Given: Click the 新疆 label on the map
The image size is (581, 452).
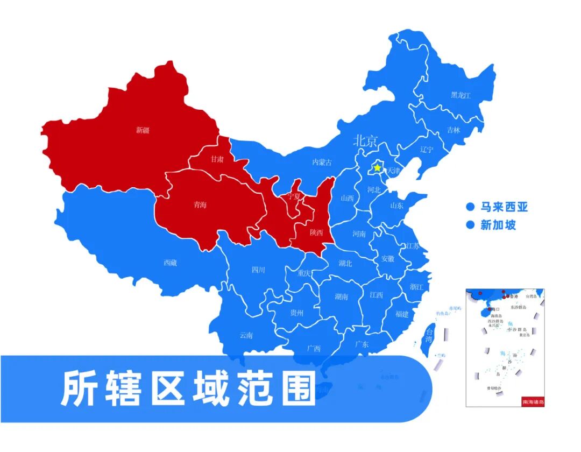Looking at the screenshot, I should (x=143, y=130).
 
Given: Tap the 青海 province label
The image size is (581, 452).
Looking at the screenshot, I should (x=200, y=205).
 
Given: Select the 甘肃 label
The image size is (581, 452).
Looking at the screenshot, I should (x=217, y=159).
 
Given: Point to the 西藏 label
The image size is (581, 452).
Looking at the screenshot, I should (x=170, y=263).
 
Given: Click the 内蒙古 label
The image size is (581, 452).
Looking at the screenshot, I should (x=322, y=162).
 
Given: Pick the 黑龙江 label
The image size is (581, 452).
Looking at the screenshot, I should (x=460, y=95).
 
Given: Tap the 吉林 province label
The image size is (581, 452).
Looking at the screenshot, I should (x=454, y=130).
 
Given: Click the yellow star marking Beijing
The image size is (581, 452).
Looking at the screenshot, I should (x=378, y=168).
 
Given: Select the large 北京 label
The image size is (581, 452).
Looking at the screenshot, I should (x=366, y=141).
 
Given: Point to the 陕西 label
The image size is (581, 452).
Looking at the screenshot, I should (x=316, y=232).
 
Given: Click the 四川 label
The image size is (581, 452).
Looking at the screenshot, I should (x=258, y=270).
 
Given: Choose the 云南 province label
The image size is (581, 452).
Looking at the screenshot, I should (x=246, y=335).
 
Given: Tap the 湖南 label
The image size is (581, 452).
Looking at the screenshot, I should (x=341, y=296).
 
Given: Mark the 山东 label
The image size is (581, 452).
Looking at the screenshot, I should (x=396, y=205).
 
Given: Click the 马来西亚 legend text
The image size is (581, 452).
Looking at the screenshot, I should (x=504, y=207).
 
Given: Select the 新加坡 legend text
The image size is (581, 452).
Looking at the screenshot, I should (x=498, y=225).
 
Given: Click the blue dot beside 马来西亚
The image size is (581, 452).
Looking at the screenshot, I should (x=470, y=207).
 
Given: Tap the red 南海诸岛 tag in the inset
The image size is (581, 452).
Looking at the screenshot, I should (x=533, y=401).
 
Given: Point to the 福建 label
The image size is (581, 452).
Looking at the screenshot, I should (x=402, y=314).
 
